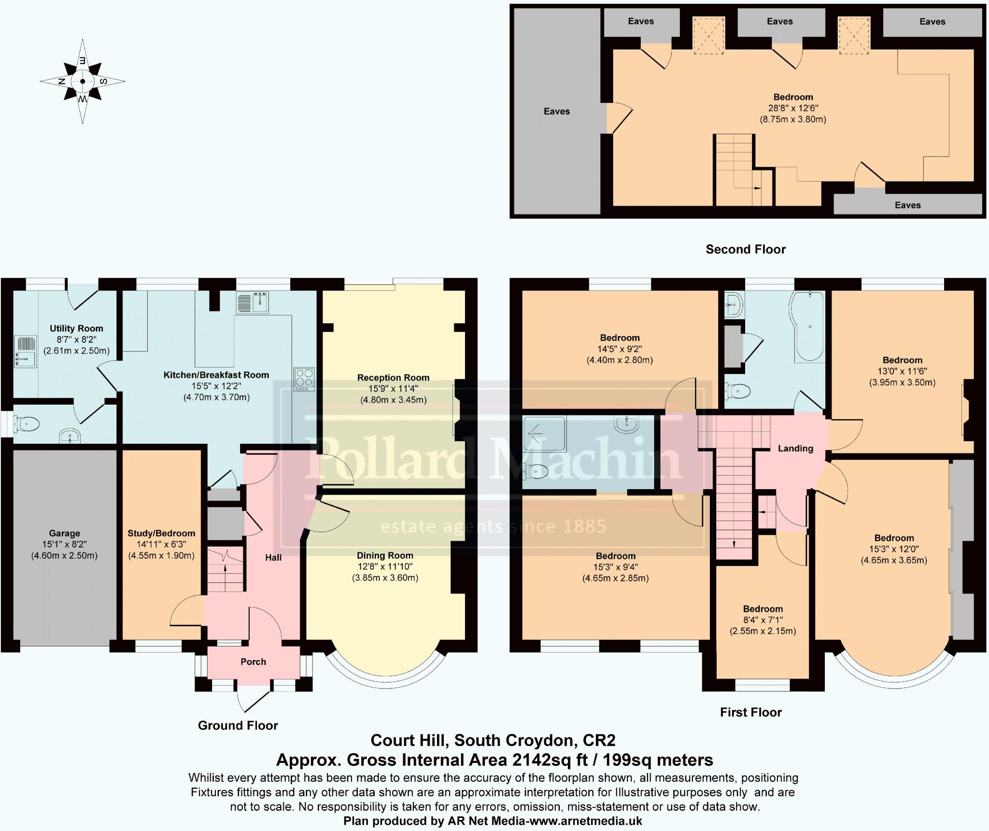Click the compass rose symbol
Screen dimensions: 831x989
pos(83,81)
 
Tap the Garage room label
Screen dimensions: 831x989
pos(64,533)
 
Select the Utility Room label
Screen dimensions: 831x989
pos(76,328)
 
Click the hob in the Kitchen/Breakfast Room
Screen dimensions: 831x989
pos(304,380)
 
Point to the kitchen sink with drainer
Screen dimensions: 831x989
pos(252,303)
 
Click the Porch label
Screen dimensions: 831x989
pos(253,662)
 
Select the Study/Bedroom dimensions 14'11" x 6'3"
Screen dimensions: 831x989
pos(161,544)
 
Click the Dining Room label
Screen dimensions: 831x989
pos(385,555)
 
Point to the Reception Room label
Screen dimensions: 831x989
pos(393,378)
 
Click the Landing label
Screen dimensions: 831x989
pos(795,448)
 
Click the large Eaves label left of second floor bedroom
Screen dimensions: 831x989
pos(556,111)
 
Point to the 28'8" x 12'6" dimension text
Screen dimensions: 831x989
pos(793,108)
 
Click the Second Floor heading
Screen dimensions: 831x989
pos(746,249)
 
